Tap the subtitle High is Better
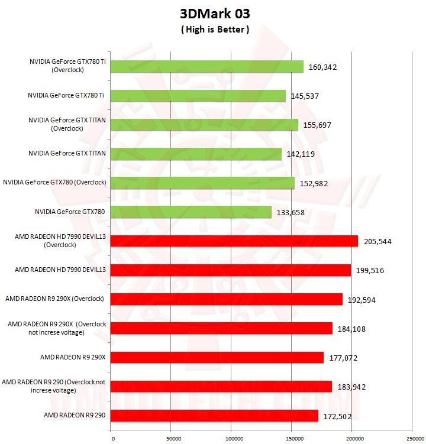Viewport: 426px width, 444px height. click(214, 30)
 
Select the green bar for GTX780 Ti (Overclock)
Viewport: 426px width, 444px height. click(207, 67)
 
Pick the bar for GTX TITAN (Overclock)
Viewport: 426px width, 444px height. click(205, 125)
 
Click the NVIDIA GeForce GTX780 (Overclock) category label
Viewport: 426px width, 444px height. click(54, 182)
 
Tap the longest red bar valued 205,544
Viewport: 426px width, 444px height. click(234, 241)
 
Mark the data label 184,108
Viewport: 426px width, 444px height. click(351, 329)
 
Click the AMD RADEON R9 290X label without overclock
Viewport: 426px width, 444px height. click(73, 357)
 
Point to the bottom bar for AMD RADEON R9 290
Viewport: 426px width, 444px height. click(215, 415)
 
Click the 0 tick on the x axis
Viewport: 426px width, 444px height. click(111, 438)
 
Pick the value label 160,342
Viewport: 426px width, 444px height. click(322, 67)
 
